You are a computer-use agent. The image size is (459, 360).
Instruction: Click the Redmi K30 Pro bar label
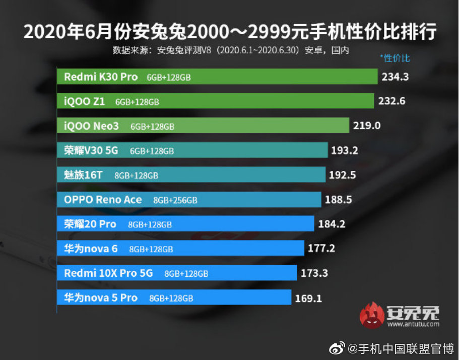101,77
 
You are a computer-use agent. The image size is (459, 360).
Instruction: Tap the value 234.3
395,77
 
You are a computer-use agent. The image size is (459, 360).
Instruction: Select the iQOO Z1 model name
84,101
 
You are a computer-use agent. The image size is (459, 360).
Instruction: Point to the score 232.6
391,101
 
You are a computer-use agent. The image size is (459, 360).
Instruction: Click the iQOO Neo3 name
91,126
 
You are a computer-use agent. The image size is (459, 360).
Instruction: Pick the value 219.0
367,126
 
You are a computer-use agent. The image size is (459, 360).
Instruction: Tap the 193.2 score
345,150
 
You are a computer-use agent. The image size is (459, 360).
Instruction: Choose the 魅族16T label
84,175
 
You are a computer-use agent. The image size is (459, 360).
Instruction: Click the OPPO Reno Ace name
103,200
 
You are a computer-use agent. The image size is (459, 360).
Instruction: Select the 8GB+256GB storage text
175,200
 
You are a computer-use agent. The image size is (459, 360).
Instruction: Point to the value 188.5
339,200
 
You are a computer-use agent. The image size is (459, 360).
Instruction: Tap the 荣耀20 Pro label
90,224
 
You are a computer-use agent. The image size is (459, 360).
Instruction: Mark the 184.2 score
332,224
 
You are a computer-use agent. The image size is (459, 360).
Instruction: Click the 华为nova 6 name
91,249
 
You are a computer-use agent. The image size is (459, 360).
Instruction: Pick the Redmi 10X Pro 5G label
108,273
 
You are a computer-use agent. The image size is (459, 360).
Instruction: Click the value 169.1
308,298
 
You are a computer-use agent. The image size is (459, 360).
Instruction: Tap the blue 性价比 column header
395,58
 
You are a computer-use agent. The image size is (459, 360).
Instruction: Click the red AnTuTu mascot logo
372,315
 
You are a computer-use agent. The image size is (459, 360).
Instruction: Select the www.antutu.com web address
413,324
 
